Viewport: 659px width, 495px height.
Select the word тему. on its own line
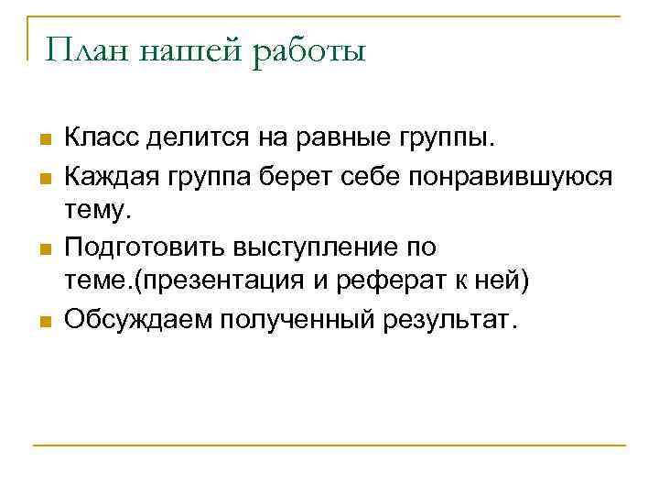(x=98, y=211)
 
